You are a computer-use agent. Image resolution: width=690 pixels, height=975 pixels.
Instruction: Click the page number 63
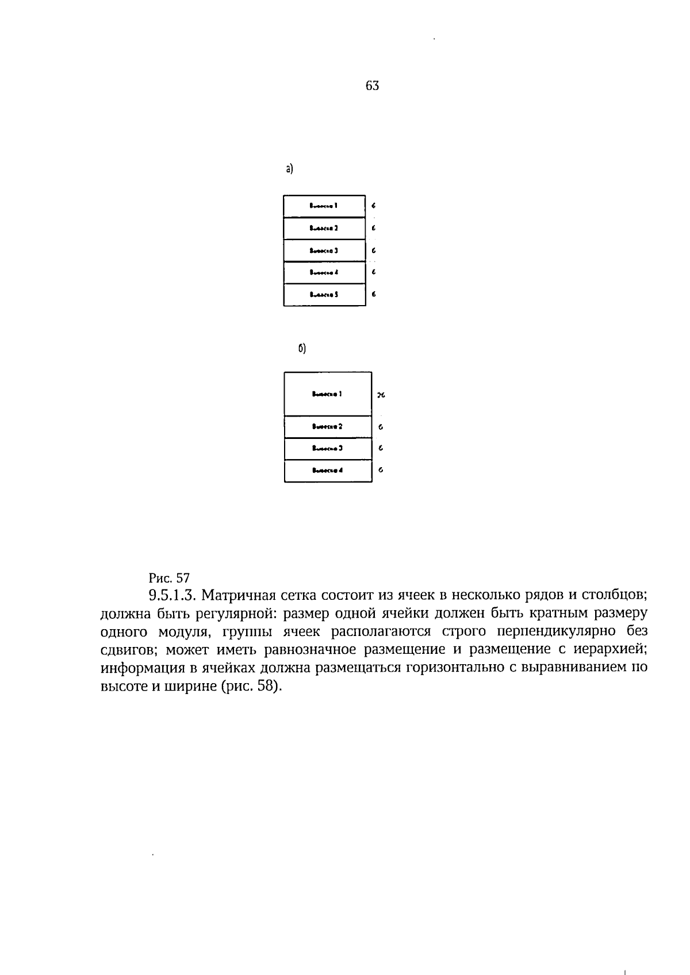[x=372, y=86]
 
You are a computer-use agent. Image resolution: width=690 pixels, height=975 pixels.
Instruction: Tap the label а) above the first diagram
[x=289, y=168]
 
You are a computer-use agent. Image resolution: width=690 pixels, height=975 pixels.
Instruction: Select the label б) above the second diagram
[x=302, y=349]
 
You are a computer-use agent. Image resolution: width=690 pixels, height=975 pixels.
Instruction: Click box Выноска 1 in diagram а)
[x=324, y=206]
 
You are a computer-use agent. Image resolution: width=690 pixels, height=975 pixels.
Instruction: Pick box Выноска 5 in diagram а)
[x=324, y=295]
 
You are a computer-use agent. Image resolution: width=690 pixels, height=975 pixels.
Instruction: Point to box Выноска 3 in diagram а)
[x=324, y=251]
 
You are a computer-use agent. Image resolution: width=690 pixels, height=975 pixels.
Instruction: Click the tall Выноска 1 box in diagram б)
[x=328, y=394]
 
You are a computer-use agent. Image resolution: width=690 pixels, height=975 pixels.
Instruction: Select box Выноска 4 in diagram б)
[x=328, y=471]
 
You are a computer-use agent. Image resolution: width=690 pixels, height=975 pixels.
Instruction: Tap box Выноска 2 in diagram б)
[x=328, y=427]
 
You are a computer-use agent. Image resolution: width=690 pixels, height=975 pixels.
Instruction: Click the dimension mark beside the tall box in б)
[x=381, y=395]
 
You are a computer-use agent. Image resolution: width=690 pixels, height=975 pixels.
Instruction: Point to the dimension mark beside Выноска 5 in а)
[x=374, y=295]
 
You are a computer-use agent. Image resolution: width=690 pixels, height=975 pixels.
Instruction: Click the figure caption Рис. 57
[x=169, y=577]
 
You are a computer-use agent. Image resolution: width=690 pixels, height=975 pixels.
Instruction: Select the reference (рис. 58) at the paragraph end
[x=251, y=687]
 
